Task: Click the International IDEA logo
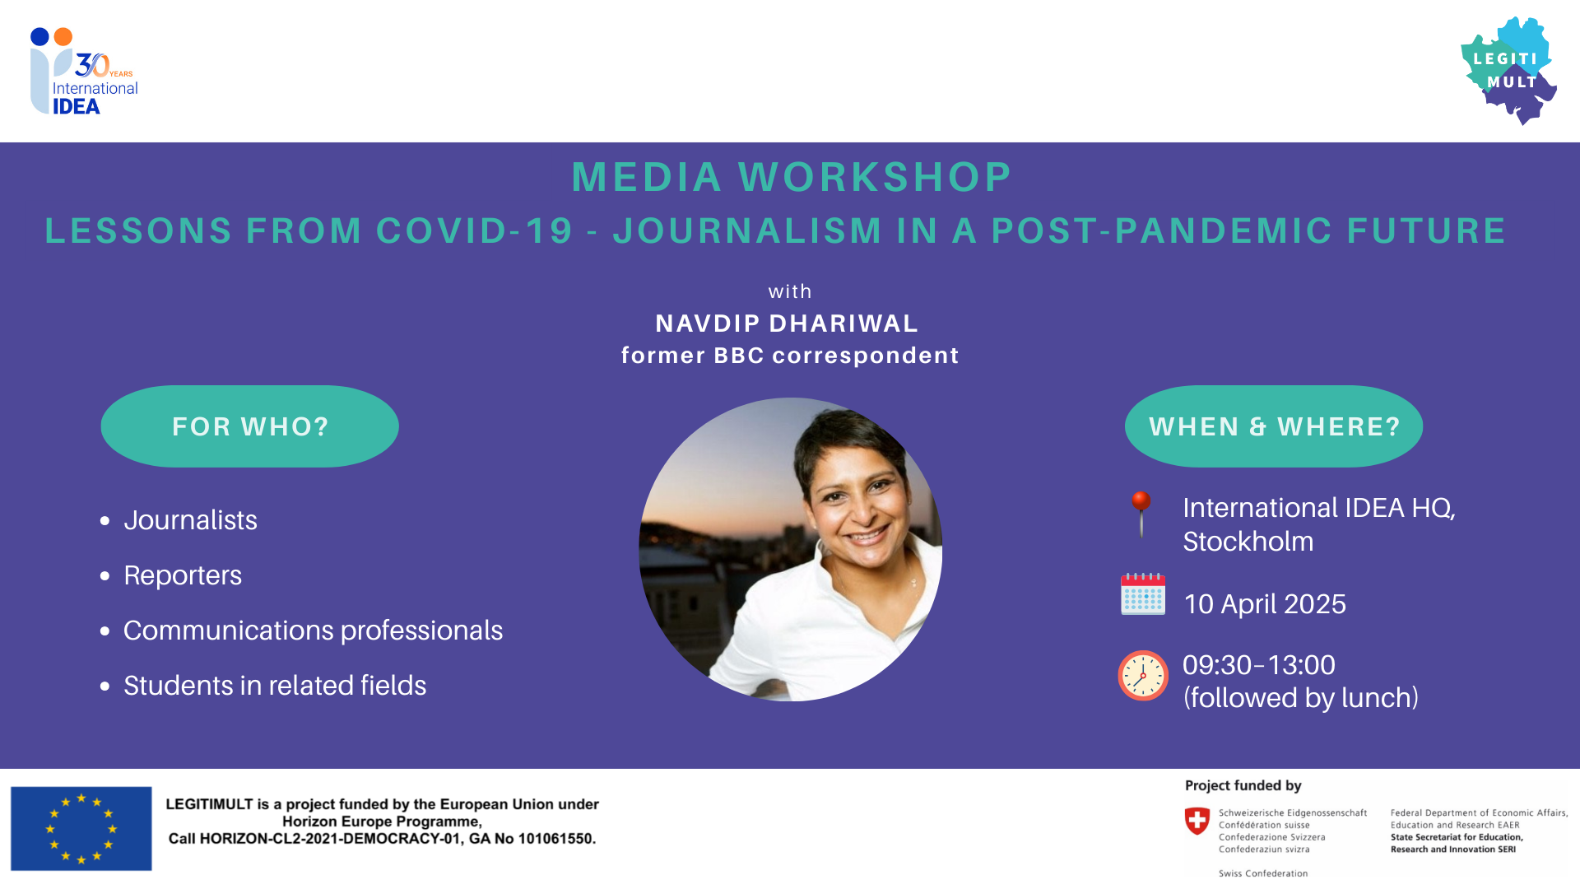83,72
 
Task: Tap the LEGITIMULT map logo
1509,70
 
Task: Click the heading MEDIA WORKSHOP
792,177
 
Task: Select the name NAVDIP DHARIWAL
787,323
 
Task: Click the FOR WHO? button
250,426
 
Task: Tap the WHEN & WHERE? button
1274,426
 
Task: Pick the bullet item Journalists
190,520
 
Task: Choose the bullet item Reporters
183,575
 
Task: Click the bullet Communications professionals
313,631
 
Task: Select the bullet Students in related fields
275,686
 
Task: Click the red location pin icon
1141,513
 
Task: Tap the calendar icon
1143,593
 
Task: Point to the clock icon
1143,676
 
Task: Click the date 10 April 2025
1265,604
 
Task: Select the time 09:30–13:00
1259,665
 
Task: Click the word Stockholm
1248,542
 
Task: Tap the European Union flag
81,828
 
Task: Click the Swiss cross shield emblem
1197,821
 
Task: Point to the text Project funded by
1243,785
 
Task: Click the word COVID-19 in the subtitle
475,230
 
